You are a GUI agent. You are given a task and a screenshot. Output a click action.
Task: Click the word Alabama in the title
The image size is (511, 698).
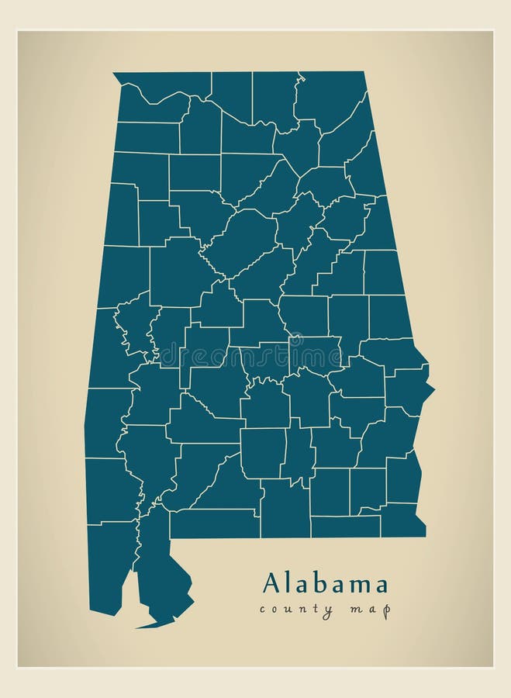[325, 582]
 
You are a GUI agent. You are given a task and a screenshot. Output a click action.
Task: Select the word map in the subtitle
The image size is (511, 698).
[373, 610]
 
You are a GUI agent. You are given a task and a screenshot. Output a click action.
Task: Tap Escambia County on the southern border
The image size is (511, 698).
[213, 523]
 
